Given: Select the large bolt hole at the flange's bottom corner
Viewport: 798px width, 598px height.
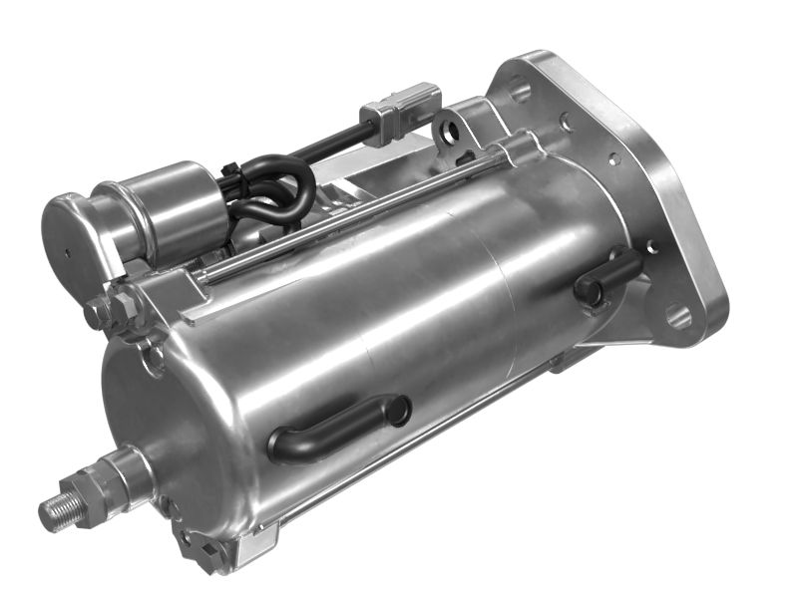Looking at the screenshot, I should click(x=678, y=317).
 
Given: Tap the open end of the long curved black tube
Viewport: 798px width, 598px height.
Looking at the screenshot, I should click(x=398, y=410).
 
